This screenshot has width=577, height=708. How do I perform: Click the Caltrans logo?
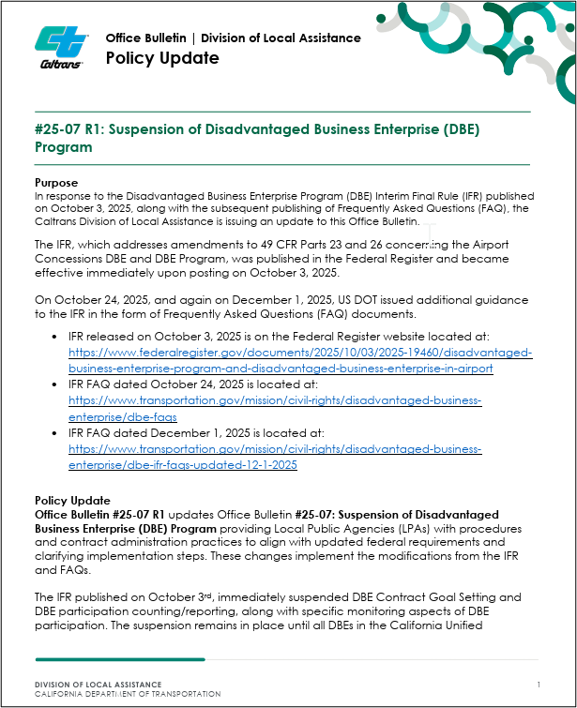[x=62, y=48]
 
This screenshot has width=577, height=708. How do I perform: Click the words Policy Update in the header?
[x=162, y=58]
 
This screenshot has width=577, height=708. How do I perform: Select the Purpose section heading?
[x=56, y=182]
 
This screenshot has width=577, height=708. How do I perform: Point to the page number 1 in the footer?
[x=539, y=685]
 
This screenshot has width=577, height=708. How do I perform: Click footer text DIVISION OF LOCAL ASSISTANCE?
[x=98, y=685]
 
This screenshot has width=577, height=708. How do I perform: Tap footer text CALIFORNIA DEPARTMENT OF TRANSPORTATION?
[x=128, y=694]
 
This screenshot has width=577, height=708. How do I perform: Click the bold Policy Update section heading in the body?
[x=72, y=501]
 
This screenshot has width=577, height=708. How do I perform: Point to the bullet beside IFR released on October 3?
[x=54, y=336]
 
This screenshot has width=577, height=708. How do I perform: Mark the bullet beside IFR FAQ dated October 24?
[x=54, y=384]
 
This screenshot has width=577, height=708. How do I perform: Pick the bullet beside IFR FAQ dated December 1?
[x=54, y=433]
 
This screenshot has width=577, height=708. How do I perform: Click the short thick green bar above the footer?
[x=120, y=659]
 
